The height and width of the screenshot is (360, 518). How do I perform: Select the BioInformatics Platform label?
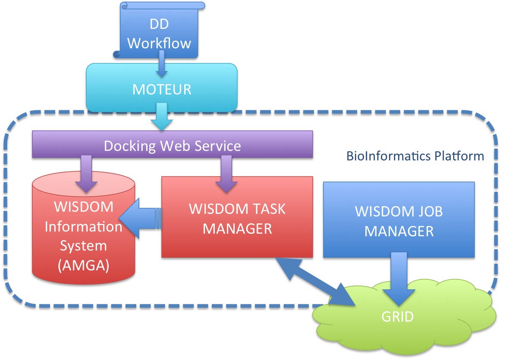pyautogui.click(x=415, y=156)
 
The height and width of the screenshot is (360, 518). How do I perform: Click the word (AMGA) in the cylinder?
pyautogui.click(x=83, y=265)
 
